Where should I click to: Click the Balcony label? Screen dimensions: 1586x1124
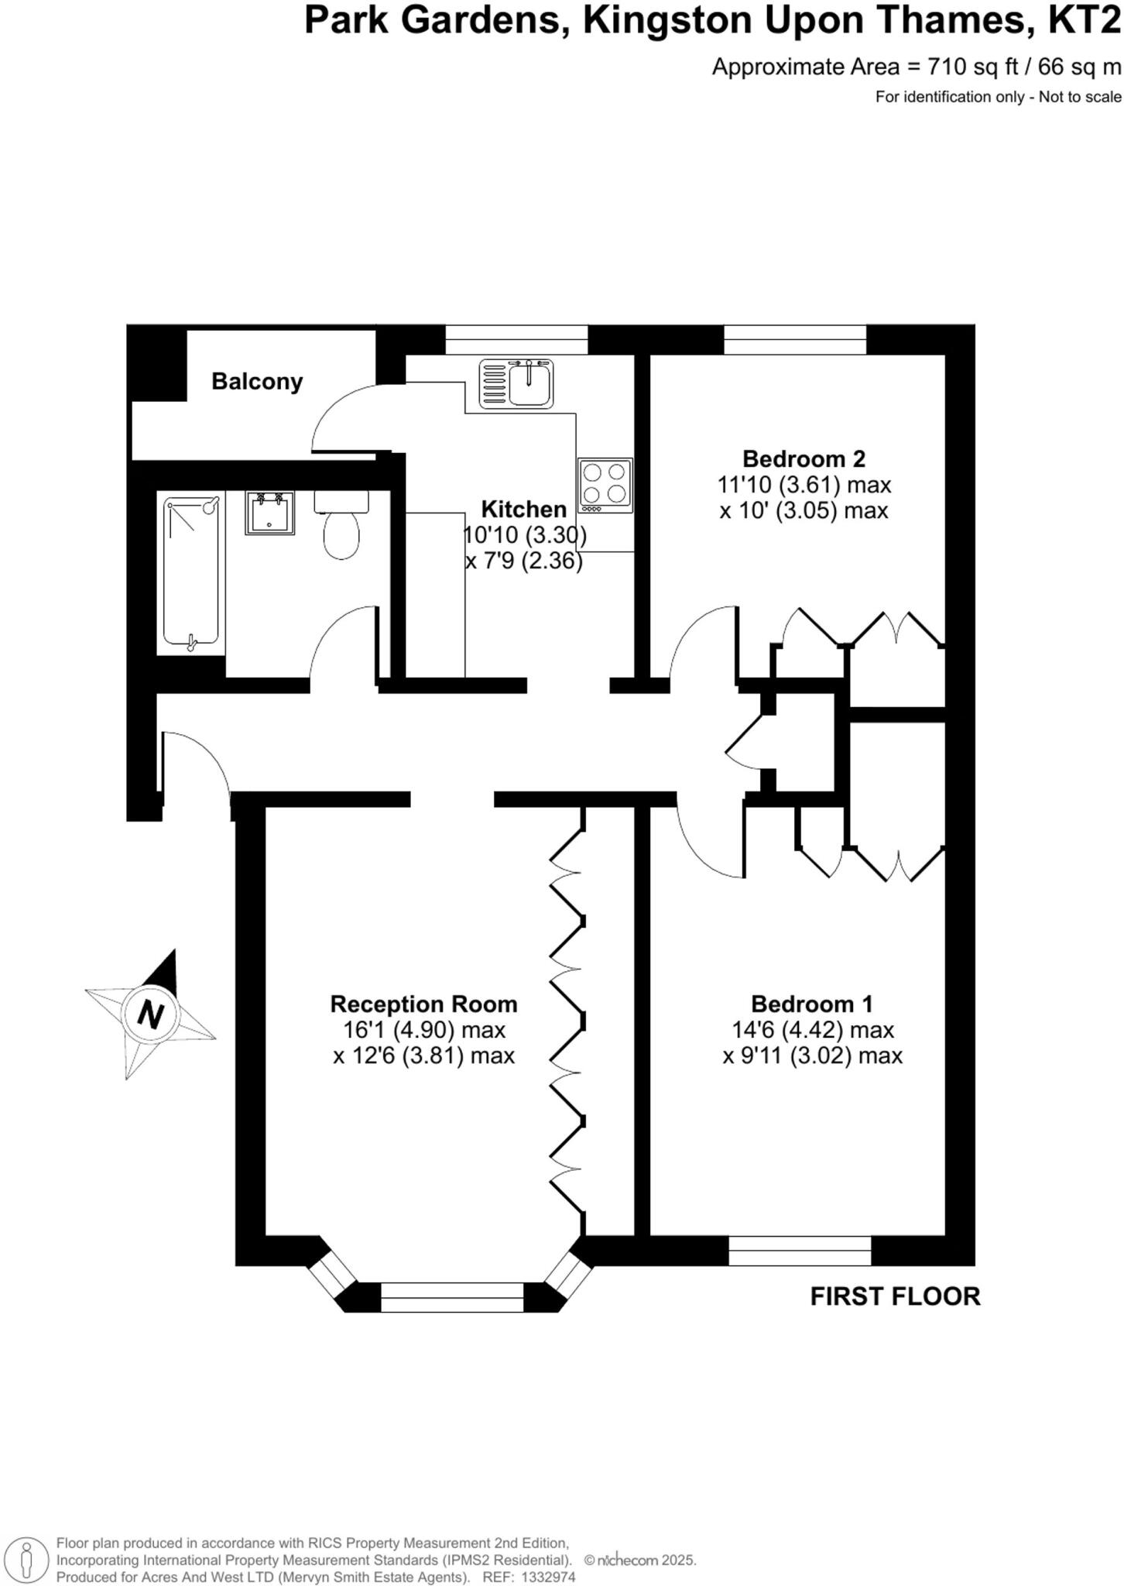(x=257, y=381)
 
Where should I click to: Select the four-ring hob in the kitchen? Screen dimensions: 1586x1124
(x=605, y=486)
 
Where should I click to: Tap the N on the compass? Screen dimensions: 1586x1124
(x=150, y=1013)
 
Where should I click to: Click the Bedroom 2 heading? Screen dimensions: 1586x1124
(x=804, y=458)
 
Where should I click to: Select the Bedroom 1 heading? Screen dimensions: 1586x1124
(x=811, y=1004)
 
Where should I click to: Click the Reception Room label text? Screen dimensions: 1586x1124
(x=423, y=1004)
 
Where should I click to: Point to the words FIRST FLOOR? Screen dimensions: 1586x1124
(x=895, y=1296)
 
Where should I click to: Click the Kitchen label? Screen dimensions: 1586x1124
(x=524, y=509)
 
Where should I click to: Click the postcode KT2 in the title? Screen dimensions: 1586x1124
(x=1084, y=21)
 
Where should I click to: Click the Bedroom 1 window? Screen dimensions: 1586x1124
(x=800, y=1251)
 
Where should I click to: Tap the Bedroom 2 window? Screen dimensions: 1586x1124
(x=795, y=339)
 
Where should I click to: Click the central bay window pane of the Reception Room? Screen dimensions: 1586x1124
(x=452, y=1297)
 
